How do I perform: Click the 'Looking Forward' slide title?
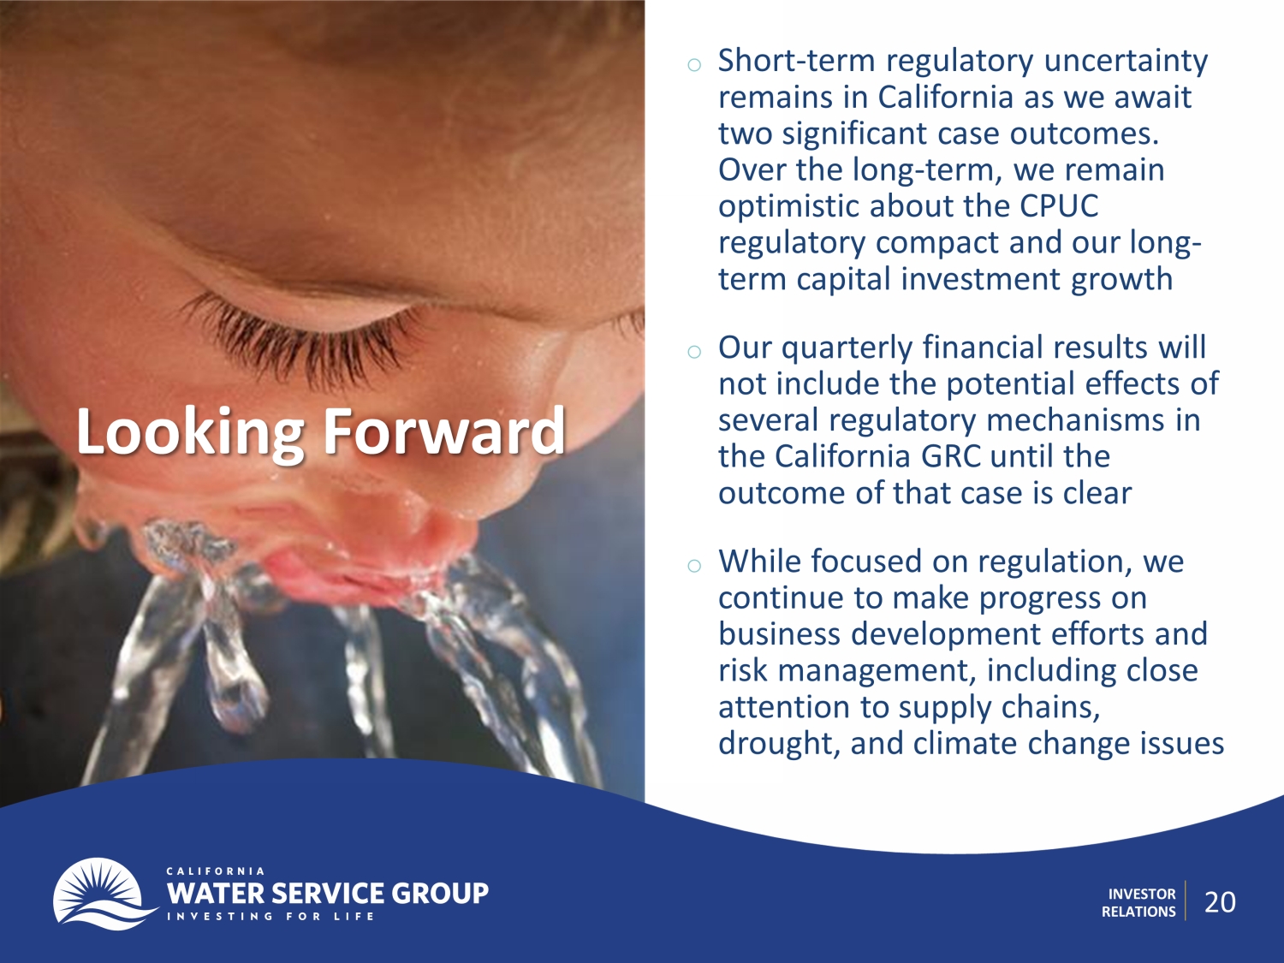[x=321, y=431]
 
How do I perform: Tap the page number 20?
[x=1220, y=902]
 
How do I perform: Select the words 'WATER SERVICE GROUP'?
[x=328, y=893]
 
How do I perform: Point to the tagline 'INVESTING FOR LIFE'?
[x=270, y=916]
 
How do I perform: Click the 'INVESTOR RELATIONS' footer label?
[x=1138, y=902]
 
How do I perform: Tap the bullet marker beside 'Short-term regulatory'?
[x=694, y=64]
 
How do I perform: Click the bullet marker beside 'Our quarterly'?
[x=694, y=351]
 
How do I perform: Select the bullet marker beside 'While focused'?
[x=694, y=565]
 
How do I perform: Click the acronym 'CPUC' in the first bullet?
[x=1060, y=205]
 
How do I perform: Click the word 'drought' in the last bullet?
[x=779, y=743]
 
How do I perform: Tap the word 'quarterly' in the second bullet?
[x=847, y=348]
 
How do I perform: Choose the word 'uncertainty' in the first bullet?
[x=1126, y=62]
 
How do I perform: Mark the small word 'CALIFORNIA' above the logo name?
[x=215, y=871]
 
